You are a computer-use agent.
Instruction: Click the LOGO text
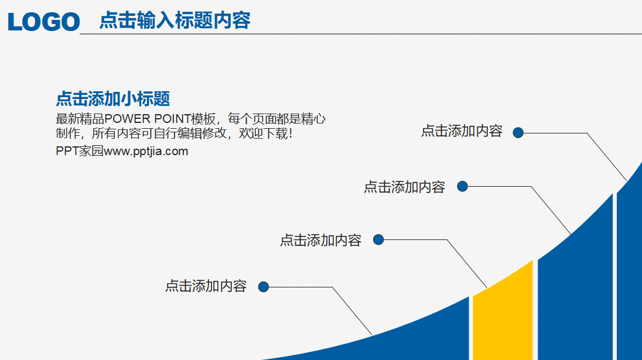pyautogui.click(x=44, y=22)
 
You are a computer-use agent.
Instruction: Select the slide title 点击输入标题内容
pyautogui.click(x=175, y=20)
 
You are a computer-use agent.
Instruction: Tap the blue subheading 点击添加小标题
pyautogui.click(x=112, y=98)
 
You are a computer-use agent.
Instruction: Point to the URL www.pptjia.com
pyautogui.click(x=146, y=152)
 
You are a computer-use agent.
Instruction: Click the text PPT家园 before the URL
pyautogui.click(x=79, y=152)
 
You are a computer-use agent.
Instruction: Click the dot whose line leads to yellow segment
pyautogui.click(x=378, y=239)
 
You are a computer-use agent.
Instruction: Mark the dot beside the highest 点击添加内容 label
pyautogui.click(x=518, y=133)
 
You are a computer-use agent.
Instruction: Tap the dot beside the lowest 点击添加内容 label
pyautogui.click(x=264, y=287)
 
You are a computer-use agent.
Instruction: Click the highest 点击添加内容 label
pyautogui.click(x=462, y=131)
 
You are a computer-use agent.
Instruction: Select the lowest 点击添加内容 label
pyautogui.click(x=206, y=286)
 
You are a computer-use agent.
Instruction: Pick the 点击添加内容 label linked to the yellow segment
pyautogui.click(x=320, y=240)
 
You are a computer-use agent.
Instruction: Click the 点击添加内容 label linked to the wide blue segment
pyautogui.click(x=404, y=187)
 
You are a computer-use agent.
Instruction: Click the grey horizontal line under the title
pyautogui.click(x=351, y=34)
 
